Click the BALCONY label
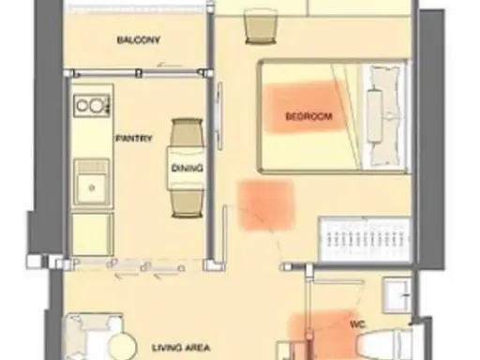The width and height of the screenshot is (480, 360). (139, 40)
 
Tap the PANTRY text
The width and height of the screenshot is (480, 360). (134, 138)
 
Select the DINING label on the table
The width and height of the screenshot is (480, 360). (187, 168)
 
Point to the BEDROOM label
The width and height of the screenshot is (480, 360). (308, 116)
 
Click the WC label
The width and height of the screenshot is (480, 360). (358, 324)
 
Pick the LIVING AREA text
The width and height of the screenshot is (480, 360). (181, 348)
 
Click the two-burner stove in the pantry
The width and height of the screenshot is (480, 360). (92, 105)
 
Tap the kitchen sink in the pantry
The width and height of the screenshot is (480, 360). (92, 184)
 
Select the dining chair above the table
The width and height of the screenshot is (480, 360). (187, 132)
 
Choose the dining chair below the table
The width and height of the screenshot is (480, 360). (187, 203)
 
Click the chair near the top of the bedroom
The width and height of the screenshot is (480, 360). (261, 26)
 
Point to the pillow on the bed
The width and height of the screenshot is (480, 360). (375, 116)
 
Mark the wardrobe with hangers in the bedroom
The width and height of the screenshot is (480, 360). (365, 239)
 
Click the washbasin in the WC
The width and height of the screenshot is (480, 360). (397, 295)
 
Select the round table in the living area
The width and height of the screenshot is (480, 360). (122, 346)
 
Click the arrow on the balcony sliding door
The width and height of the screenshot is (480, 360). (170, 66)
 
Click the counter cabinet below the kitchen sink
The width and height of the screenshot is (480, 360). (92, 234)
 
